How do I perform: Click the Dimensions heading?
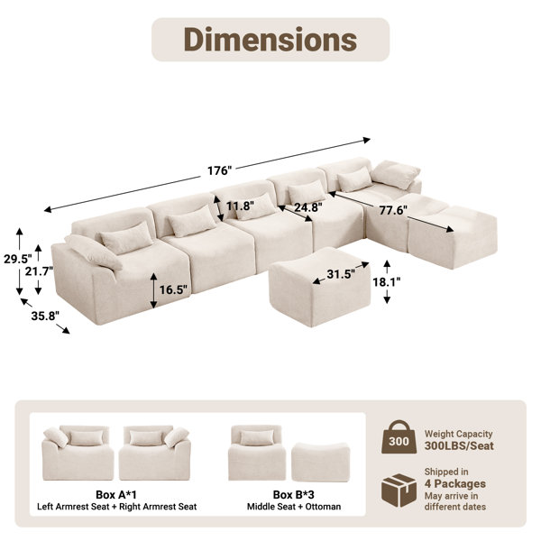tap(270, 39)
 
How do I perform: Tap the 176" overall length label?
tap(219, 170)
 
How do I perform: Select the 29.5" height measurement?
tap(17, 259)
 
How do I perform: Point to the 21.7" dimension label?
tap(39, 271)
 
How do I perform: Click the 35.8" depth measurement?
tap(45, 316)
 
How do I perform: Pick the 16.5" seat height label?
tap(173, 289)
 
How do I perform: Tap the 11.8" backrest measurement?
tap(240, 206)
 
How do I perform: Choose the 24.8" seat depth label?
tap(308, 207)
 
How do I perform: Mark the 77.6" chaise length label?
tap(393, 210)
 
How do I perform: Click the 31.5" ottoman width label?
tap(341, 274)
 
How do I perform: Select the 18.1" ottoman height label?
tap(387, 282)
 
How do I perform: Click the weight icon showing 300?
tap(399, 436)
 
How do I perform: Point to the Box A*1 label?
tap(116, 495)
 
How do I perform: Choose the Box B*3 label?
tap(294, 495)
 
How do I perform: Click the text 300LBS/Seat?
tap(459, 445)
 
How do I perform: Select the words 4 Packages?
tap(455, 483)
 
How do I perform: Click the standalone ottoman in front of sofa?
tap(319, 287)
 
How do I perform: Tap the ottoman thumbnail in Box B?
tap(320, 462)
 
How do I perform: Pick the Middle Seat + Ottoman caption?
tap(294, 507)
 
